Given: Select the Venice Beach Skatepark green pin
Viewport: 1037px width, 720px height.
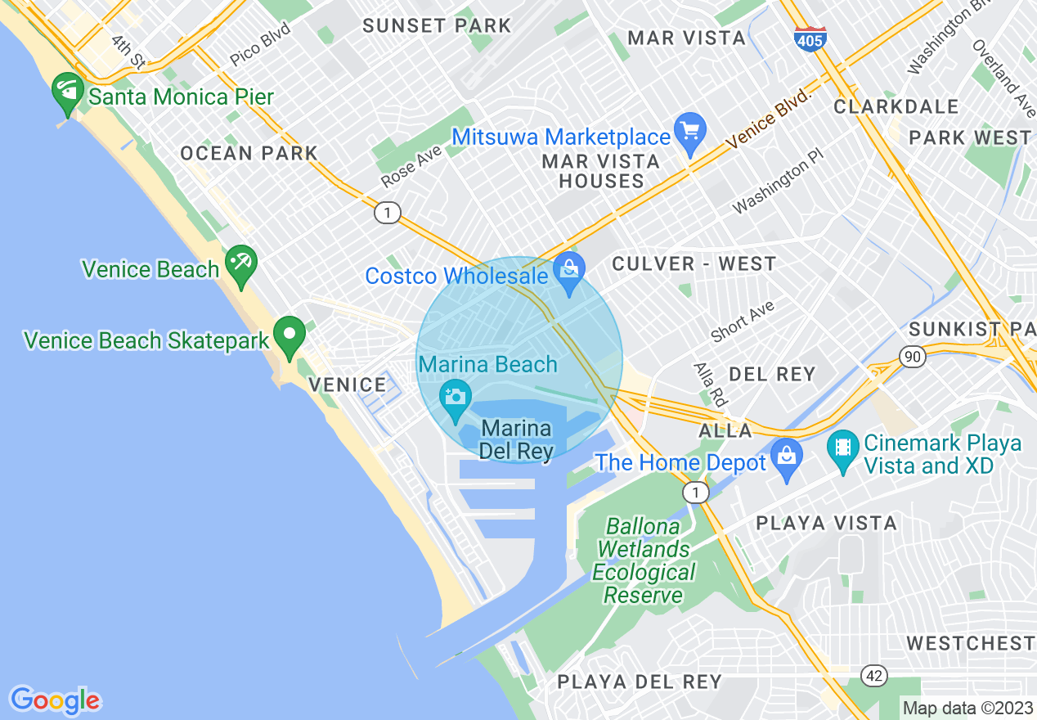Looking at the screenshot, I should click(289, 337).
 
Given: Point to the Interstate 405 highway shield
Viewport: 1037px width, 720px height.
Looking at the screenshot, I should click(810, 38).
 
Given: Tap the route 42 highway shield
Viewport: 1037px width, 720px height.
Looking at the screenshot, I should click(874, 675).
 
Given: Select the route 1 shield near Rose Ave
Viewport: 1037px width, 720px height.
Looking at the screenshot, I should click(387, 213).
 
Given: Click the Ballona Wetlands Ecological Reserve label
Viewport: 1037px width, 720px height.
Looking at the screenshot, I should click(644, 560).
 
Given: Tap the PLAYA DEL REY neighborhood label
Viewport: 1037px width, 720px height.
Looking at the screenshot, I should click(640, 682).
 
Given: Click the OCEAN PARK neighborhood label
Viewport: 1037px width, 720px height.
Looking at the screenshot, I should click(249, 153).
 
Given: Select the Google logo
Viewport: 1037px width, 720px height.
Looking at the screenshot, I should click(55, 700).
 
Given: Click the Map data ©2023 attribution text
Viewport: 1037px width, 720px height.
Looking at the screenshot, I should click(967, 708).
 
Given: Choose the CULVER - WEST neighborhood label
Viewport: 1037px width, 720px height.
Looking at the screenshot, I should click(694, 263).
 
